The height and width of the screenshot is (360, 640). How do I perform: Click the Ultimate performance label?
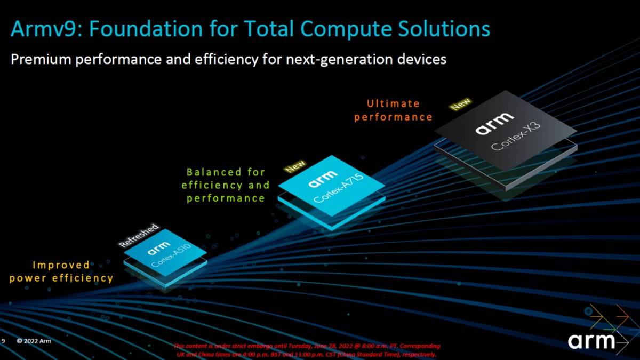point(393,110)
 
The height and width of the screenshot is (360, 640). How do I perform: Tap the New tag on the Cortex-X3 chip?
point(460,103)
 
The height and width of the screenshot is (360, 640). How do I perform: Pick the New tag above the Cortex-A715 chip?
point(295,166)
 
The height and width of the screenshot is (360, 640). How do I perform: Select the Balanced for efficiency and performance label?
point(225,185)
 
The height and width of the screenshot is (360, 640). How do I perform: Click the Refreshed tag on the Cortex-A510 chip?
point(139,235)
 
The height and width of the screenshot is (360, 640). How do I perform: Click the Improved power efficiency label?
point(61,271)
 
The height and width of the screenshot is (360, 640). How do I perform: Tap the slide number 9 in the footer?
point(3,341)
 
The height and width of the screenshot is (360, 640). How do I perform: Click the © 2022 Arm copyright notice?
point(34,341)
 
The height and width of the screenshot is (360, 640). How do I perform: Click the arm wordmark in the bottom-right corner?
point(591,341)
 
